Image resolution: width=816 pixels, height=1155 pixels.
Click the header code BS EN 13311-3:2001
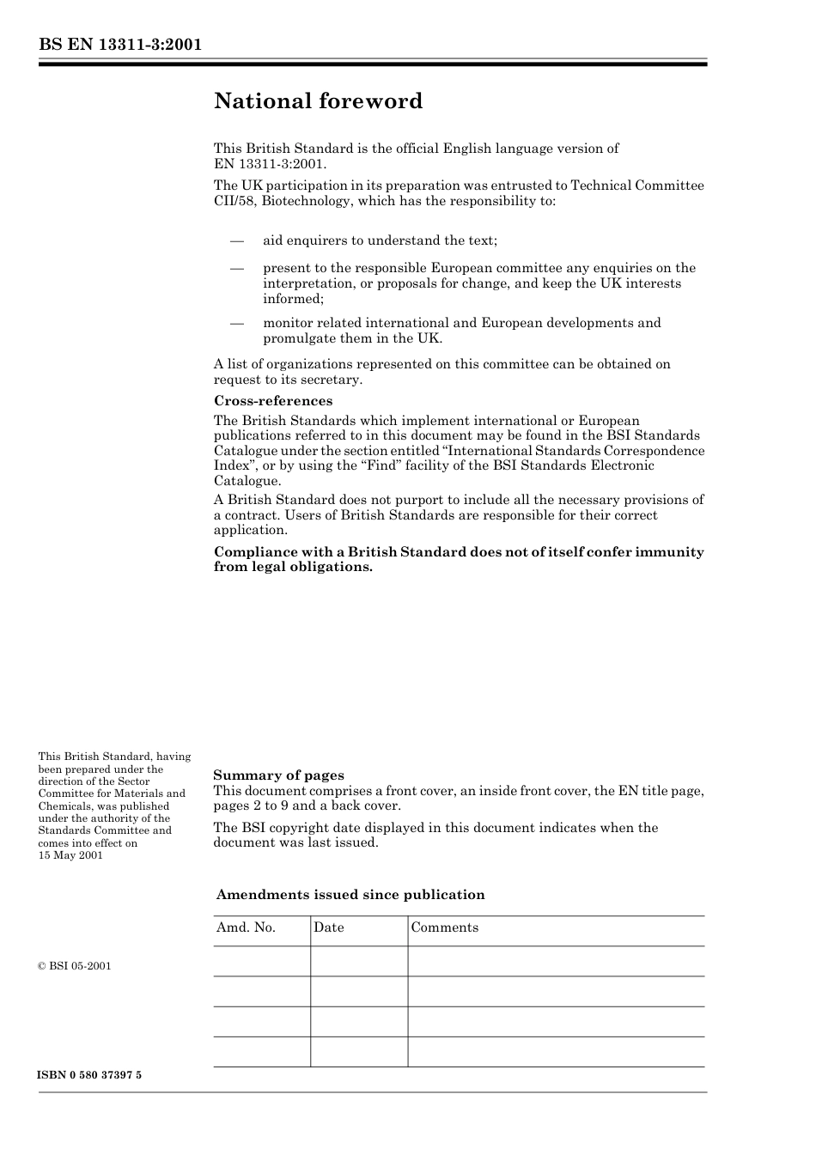tap(120, 45)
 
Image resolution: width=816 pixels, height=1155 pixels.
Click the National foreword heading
tap(318, 101)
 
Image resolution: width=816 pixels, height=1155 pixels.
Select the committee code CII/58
tap(234, 201)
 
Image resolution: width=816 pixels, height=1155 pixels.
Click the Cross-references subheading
tap(272, 401)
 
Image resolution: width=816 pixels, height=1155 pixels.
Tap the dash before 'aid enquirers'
tap(237, 241)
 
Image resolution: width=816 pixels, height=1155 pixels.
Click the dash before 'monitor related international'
tap(237, 324)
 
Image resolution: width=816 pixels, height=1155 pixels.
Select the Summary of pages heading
tap(278, 775)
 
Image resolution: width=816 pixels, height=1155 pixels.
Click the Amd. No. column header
tap(246, 927)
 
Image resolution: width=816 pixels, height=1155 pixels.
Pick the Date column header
tap(328, 927)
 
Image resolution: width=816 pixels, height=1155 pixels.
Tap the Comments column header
tap(444, 927)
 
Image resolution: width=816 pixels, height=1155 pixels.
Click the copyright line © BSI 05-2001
tap(75, 966)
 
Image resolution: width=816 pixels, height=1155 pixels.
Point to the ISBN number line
tap(89, 1075)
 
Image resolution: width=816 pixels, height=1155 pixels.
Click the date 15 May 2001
tap(70, 855)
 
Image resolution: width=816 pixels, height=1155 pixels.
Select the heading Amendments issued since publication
tap(350, 895)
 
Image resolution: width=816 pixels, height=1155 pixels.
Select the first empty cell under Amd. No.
tap(262, 961)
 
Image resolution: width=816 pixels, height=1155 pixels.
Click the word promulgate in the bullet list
tap(299, 338)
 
